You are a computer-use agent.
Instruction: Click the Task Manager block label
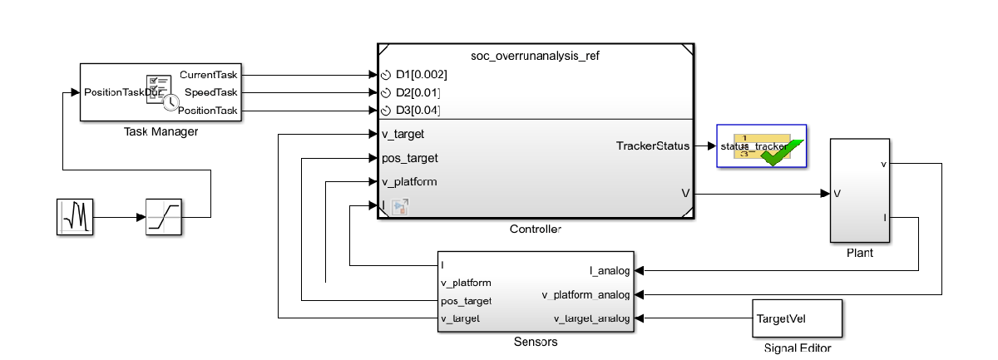coord(161,131)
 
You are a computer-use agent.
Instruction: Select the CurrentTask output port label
coord(209,75)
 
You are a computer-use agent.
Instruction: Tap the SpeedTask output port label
coord(211,92)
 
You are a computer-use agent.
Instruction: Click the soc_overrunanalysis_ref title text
coord(535,56)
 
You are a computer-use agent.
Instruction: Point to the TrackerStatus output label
coord(653,146)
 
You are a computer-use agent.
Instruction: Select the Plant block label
coord(859,253)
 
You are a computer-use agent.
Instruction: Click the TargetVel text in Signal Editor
coord(781,318)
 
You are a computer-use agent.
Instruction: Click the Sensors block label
coord(535,342)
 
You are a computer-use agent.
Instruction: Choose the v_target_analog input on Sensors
coord(591,318)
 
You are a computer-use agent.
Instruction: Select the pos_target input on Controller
coord(409,158)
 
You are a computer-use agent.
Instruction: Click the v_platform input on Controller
coord(409,181)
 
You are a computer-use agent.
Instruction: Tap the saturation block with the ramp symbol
coord(164,218)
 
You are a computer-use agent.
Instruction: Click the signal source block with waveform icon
coord(76,218)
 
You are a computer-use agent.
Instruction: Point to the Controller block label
coord(535,229)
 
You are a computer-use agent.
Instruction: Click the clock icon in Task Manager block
coord(170,101)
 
